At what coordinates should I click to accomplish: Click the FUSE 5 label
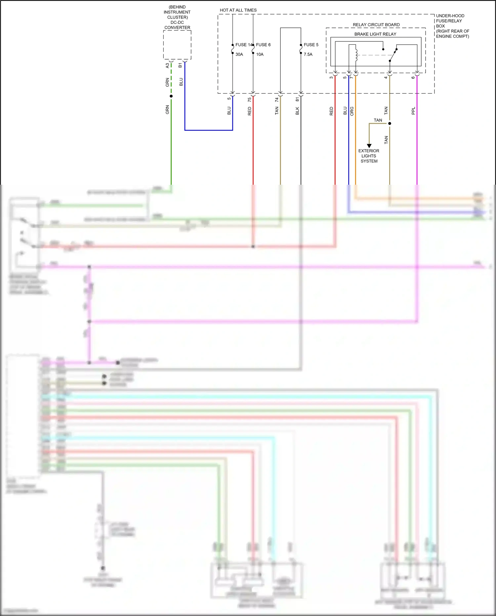coord(311,45)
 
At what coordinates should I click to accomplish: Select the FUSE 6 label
coord(263,45)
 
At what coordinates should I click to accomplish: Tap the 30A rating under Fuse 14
coord(239,54)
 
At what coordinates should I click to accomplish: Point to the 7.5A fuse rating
coord(308,54)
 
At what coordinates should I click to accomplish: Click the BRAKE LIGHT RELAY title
coord(375,34)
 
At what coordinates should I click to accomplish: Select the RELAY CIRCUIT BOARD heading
coord(376,25)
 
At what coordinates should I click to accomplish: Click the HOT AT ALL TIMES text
coord(238,10)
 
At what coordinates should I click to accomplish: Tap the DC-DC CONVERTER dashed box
coord(177,45)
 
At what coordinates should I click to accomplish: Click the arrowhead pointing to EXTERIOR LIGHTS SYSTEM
coord(369,146)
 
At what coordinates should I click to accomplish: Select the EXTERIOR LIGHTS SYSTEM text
coord(369,156)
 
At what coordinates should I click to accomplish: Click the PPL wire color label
coord(413,111)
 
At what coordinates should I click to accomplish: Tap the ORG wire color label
coord(352,111)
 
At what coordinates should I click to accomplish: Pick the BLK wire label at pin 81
coord(297,111)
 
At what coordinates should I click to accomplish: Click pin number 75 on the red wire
coord(249,99)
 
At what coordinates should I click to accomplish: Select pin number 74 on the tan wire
coord(277,99)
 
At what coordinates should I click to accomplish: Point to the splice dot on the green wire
coord(171,96)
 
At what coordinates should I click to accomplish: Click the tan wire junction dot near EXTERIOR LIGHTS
coord(390,123)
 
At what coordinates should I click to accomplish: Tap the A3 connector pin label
coord(167,66)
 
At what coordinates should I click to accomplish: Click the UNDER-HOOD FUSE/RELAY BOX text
coord(452,26)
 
